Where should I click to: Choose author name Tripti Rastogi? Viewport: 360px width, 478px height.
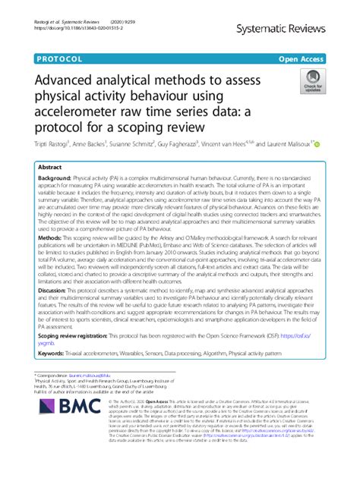click(45, 143)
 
